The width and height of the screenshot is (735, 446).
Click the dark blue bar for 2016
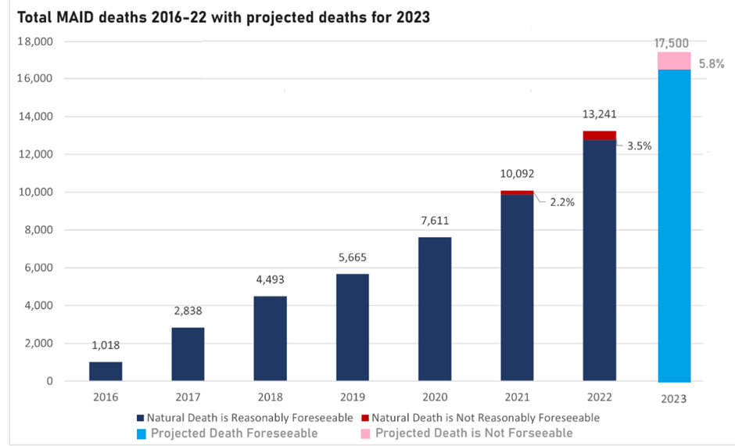click(105, 372)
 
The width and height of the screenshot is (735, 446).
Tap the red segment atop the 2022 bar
click(599, 135)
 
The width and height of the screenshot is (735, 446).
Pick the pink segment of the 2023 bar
click(673, 61)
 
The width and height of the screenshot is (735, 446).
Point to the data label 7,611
click(435, 221)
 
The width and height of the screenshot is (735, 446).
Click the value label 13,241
click(599, 114)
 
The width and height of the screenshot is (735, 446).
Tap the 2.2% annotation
click(562, 202)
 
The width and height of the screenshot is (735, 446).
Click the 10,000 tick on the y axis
click(34, 192)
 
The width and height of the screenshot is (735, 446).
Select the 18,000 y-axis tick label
click(34, 41)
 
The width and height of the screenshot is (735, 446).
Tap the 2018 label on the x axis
click(270, 397)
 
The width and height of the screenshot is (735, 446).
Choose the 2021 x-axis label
click(517, 397)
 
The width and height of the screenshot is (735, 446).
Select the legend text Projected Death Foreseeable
click(235, 433)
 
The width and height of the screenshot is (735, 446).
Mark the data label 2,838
click(188, 311)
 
